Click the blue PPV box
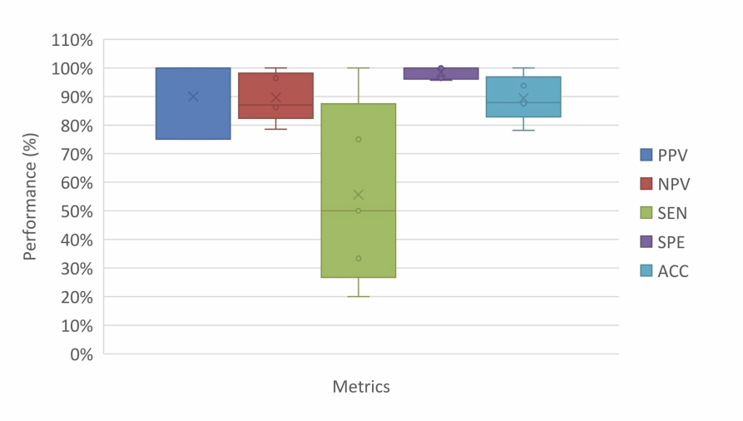click(x=193, y=116)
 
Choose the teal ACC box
click(x=523, y=108)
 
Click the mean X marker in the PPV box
click(x=193, y=97)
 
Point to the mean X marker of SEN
click(x=359, y=195)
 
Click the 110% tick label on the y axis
click(x=72, y=40)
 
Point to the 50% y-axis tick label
click(x=76, y=211)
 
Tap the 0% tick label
click(x=80, y=354)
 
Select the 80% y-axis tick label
click(x=76, y=126)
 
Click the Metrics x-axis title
click(x=361, y=387)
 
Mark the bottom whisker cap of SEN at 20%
click(x=359, y=296)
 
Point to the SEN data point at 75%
click(x=359, y=139)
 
